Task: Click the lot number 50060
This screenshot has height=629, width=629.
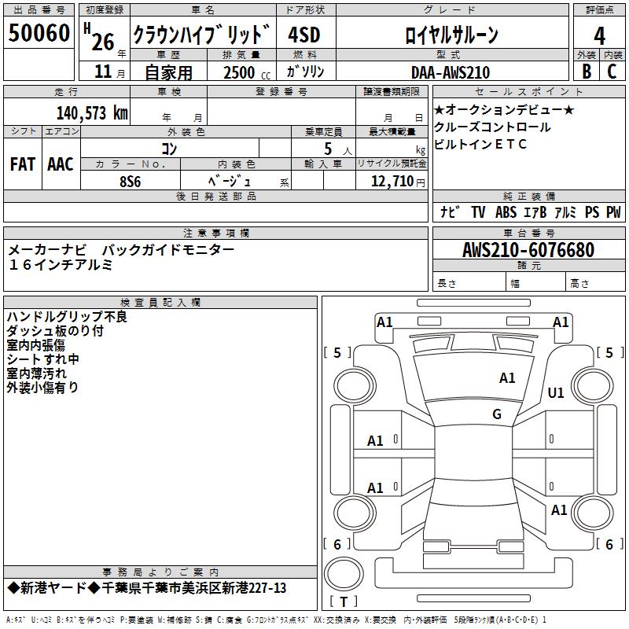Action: tap(39, 34)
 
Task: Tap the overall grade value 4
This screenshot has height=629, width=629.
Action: tap(599, 36)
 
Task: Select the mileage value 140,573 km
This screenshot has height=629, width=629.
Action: tap(92, 112)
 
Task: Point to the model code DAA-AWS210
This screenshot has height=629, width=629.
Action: tap(451, 72)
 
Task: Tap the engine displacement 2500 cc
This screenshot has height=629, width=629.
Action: tap(243, 72)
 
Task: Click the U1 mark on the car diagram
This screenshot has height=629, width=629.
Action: tap(556, 393)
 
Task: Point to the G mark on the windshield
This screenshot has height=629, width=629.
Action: tap(496, 414)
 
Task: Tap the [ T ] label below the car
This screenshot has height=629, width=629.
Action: tap(343, 602)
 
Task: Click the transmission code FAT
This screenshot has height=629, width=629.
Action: tap(22, 164)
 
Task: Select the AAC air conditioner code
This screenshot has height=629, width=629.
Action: tap(60, 164)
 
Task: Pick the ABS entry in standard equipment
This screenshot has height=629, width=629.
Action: tap(506, 212)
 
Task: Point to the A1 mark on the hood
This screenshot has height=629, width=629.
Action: tap(507, 378)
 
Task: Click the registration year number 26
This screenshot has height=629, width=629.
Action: tap(103, 42)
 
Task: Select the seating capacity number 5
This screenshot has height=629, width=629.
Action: tap(326, 148)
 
